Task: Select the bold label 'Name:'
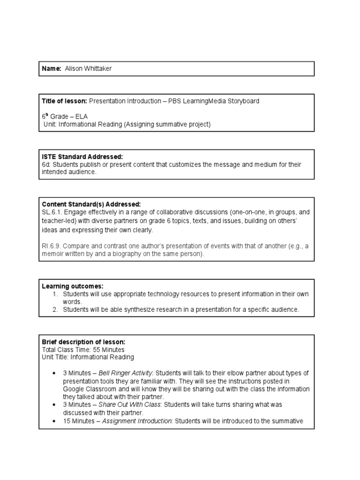(x=52, y=69)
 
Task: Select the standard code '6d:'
(x=46, y=165)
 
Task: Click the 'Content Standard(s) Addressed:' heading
(x=91, y=204)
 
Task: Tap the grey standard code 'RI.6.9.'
(x=52, y=246)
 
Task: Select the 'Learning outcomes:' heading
(x=73, y=286)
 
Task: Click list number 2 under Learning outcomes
(x=55, y=309)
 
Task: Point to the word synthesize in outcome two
(x=134, y=309)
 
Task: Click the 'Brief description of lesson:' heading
(x=83, y=342)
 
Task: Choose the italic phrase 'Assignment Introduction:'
(x=137, y=420)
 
